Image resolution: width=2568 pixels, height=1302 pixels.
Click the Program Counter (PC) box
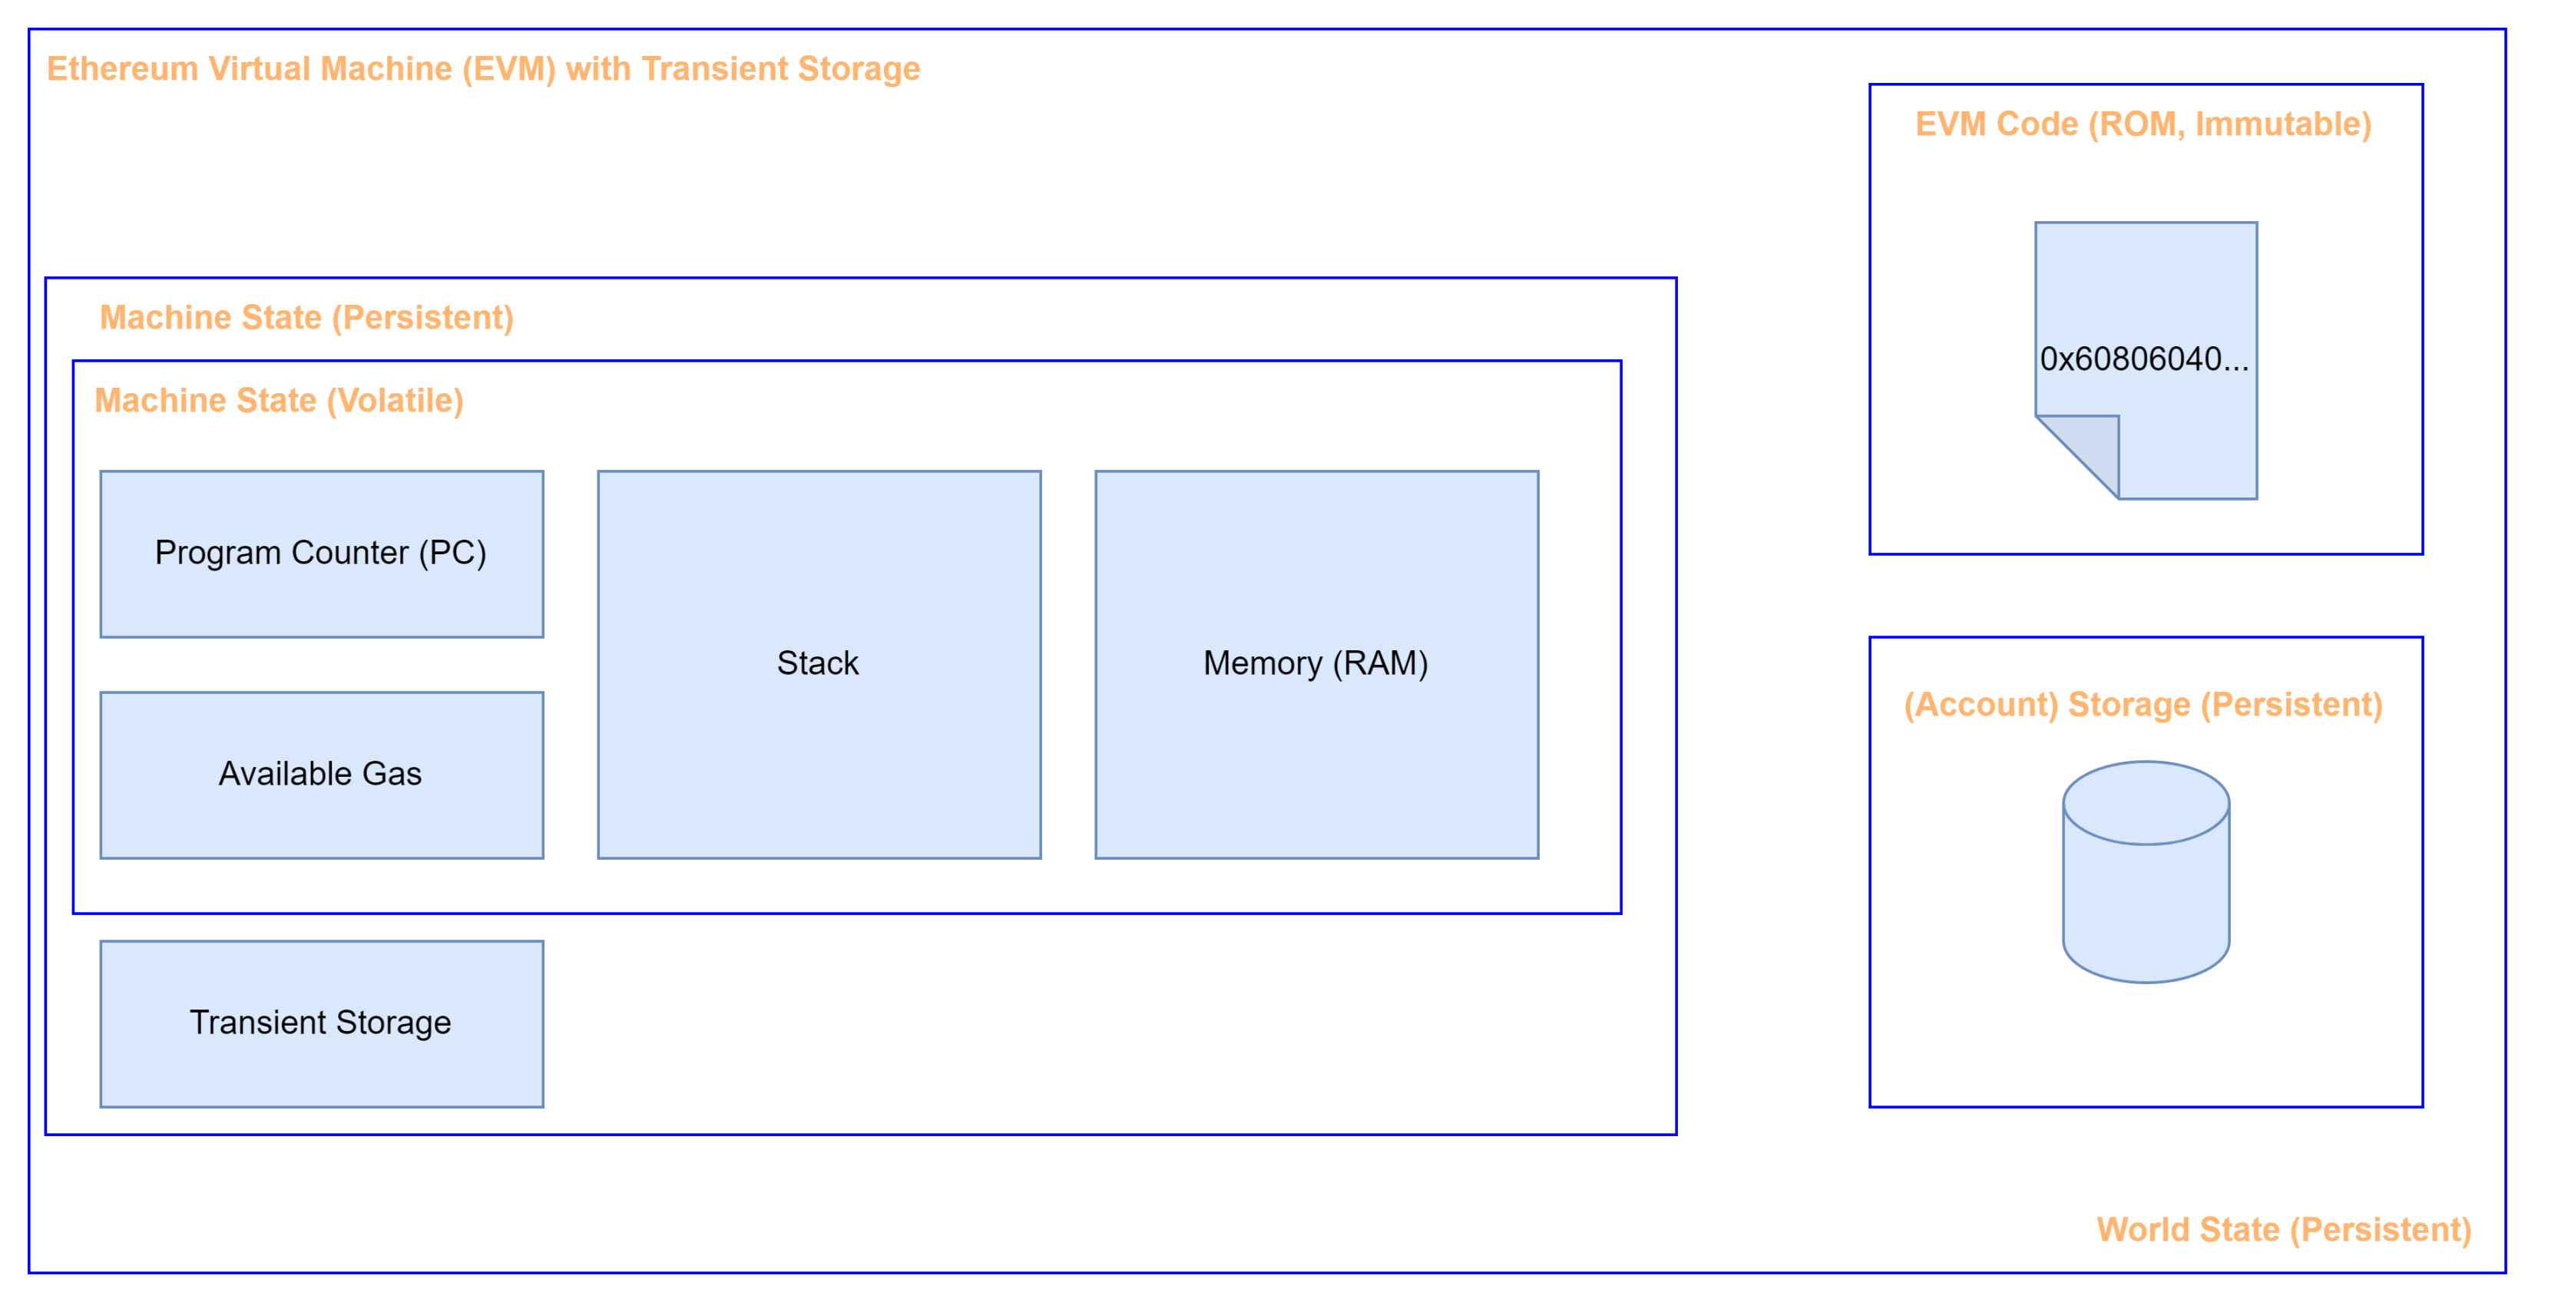[322, 554]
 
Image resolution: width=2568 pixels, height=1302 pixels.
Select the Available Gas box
[322, 775]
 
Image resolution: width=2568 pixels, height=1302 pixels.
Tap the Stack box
[819, 665]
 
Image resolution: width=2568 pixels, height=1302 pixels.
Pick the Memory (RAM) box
[1317, 665]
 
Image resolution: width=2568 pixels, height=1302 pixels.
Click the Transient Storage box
[322, 1024]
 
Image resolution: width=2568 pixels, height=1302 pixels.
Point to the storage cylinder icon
[2146, 872]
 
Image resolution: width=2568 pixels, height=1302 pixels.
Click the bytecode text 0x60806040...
[2144, 359]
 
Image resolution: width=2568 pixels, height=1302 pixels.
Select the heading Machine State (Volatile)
[279, 401]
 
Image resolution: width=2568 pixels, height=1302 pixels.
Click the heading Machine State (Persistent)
[307, 318]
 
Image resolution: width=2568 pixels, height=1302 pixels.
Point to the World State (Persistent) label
[2284, 1230]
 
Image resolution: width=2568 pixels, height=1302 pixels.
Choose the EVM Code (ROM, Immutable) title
[2143, 124]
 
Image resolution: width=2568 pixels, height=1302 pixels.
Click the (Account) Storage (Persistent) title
[2143, 705]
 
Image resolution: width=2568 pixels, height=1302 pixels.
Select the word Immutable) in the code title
[2284, 124]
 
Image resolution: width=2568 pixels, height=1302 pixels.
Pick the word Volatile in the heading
[395, 401]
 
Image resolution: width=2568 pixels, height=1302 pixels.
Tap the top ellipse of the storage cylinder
[2146, 804]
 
